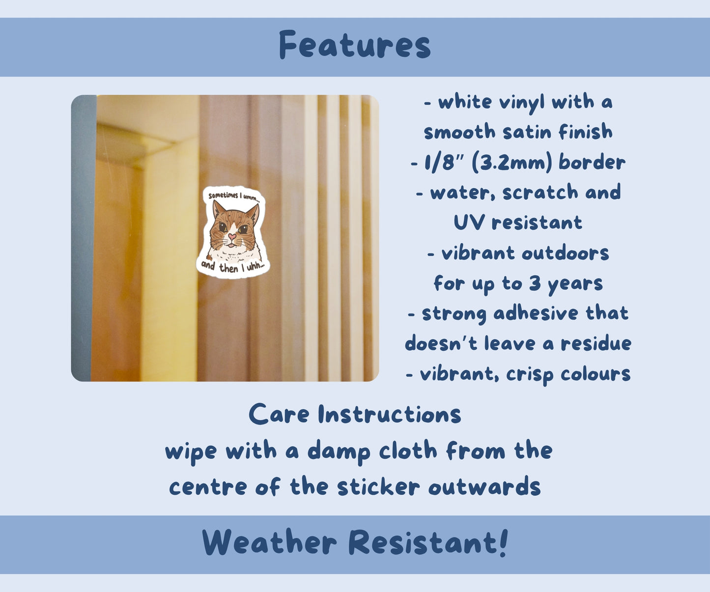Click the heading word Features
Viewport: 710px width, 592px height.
[x=355, y=45]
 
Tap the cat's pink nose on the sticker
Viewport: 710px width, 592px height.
[x=232, y=236]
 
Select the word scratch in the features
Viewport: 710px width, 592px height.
[x=540, y=193]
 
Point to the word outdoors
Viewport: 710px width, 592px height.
[x=565, y=254]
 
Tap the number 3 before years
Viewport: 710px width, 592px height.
[x=535, y=283]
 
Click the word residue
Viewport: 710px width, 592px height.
[x=596, y=343]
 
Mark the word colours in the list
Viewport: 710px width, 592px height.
[x=596, y=374]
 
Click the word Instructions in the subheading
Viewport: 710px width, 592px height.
[x=390, y=415]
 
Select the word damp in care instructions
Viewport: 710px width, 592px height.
[x=339, y=452]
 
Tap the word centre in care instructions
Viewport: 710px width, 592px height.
[x=208, y=487]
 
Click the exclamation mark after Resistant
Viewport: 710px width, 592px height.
[x=504, y=542]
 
